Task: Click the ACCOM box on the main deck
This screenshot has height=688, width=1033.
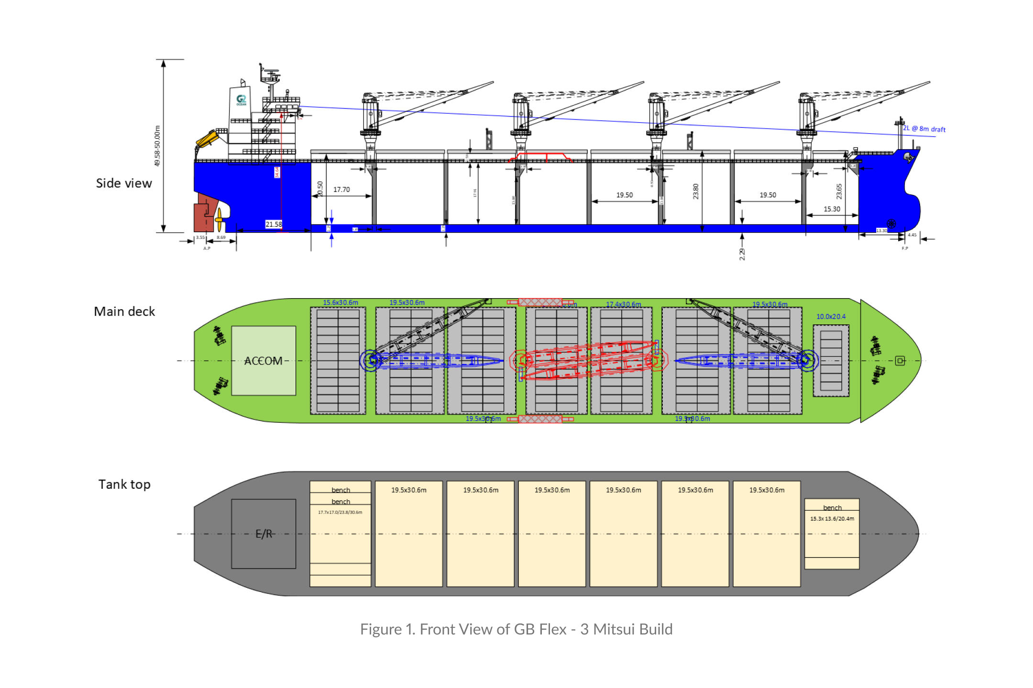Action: (x=264, y=361)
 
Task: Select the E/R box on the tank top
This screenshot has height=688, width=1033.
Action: (x=264, y=534)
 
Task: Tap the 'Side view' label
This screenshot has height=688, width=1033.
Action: (x=124, y=183)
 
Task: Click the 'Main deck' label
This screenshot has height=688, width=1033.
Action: (x=124, y=312)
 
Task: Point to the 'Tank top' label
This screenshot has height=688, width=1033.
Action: (x=124, y=484)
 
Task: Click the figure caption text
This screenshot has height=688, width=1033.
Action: (x=516, y=629)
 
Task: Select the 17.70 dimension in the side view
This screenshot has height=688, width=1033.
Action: (x=341, y=190)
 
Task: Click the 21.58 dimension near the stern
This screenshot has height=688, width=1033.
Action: (x=274, y=224)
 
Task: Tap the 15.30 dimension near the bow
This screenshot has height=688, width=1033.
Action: (x=832, y=209)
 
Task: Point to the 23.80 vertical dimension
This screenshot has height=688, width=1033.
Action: (x=696, y=191)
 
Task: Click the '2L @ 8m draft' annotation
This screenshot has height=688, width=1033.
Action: (x=924, y=129)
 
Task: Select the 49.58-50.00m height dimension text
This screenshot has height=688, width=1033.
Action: (x=157, y=146)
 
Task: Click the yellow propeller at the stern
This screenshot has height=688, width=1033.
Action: (x=219, y=219)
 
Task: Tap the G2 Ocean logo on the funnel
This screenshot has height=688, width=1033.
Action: (x=242, y=100)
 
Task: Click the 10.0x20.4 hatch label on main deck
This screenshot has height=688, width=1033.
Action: (x=831, y=317)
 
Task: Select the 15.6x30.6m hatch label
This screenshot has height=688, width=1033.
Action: (x=341, y=302)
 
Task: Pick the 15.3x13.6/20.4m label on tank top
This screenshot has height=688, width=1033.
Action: (x=832, y=518)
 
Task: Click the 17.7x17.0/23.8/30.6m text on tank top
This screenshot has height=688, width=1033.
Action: (x=340, y=512)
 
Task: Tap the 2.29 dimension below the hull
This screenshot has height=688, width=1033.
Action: (x=742, y=254)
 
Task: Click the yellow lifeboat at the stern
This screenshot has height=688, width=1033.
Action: (x=207, y=139)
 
